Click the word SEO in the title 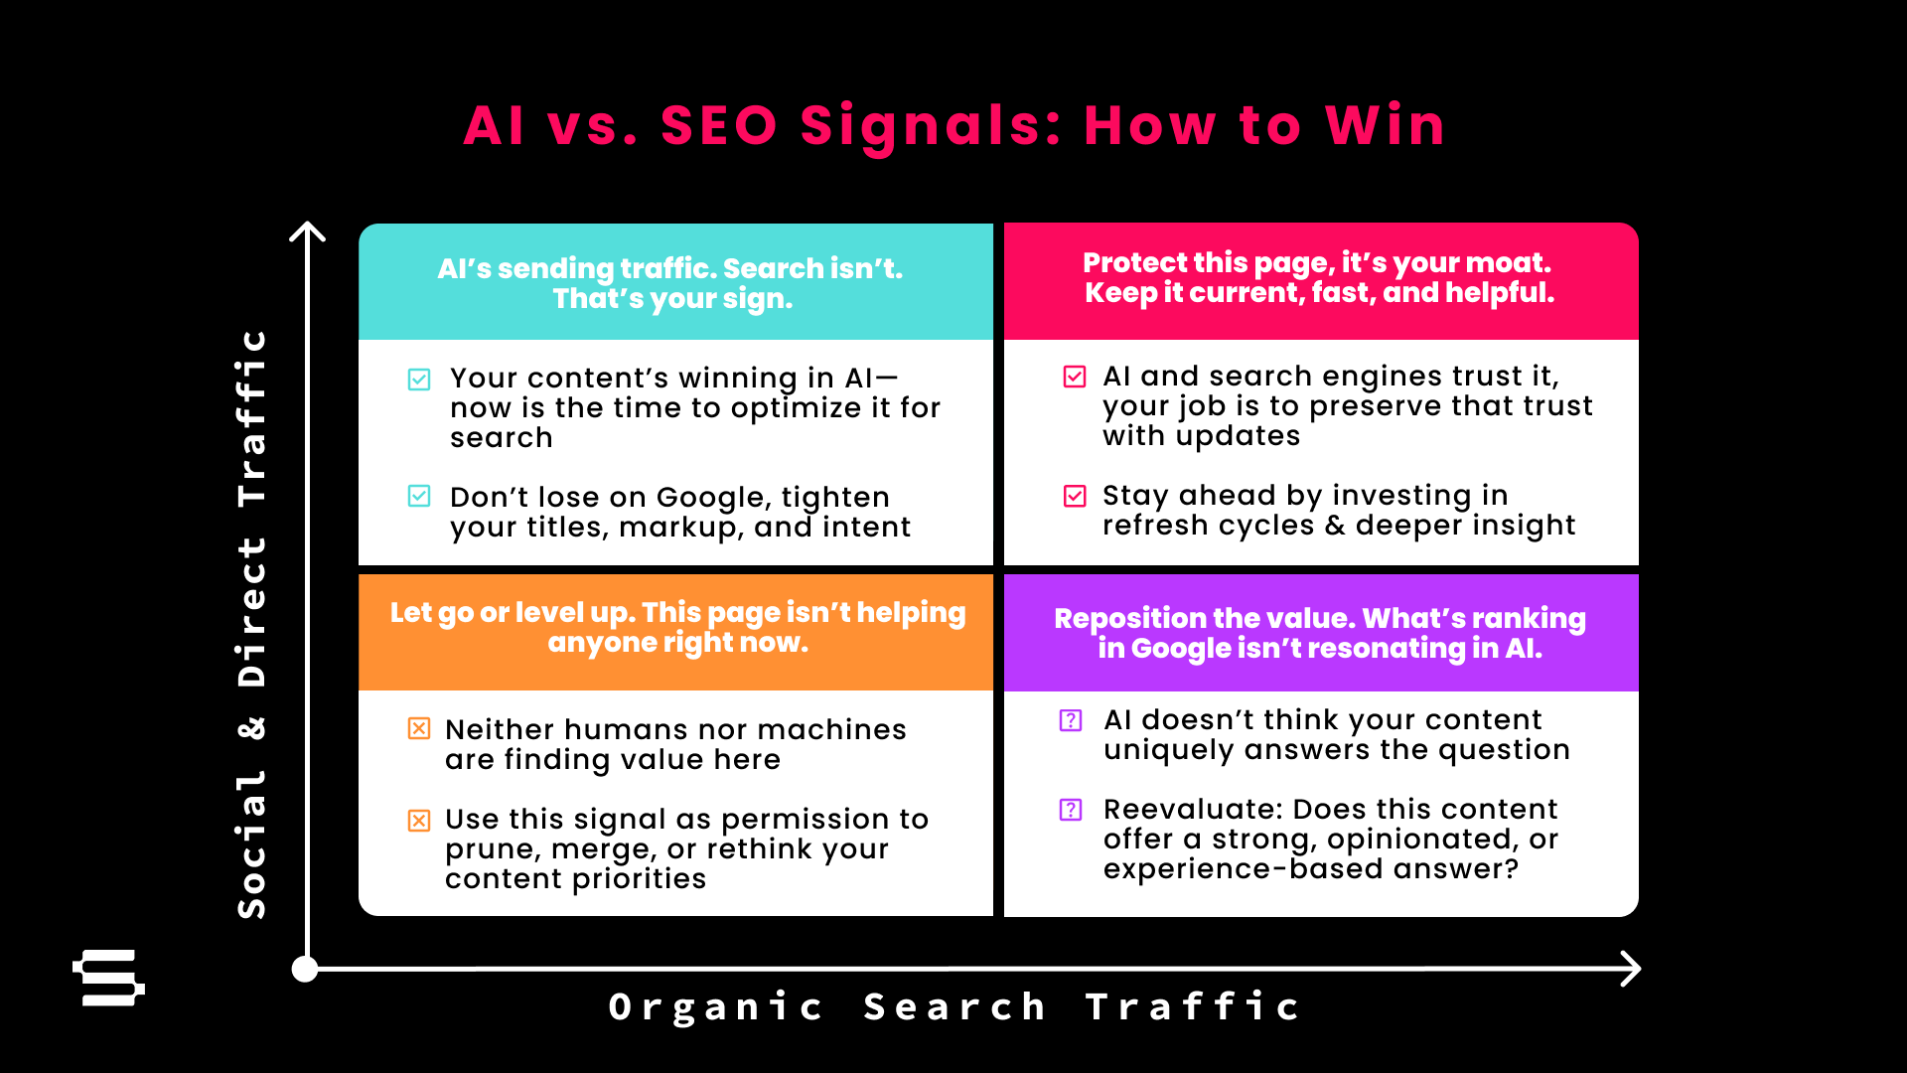click(719, 126)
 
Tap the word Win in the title click(1386, 126)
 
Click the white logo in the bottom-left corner click(108, 978)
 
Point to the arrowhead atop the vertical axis click(308, 230)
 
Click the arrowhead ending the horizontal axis click(1631, 969)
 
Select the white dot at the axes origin click(305, 969)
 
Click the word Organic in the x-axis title click(716, 1007)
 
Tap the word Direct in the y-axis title click(252, 612)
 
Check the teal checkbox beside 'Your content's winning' click(419, 380)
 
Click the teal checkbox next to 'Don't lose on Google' click(419, 496)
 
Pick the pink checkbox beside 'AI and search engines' click(1075, 377)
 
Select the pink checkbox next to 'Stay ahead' click(1075, 496)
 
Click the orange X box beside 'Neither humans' click(419, 728)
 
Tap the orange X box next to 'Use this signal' click(419, 821)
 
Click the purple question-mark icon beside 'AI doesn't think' click(1071, 720)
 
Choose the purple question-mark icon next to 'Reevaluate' click(1071, 810)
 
